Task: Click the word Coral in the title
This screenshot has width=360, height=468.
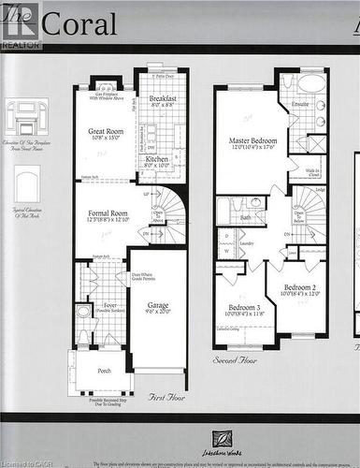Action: pyautogui.click(x=84, y=24)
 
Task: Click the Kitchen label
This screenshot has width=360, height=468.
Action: pyautogui.click(x=157, y=160)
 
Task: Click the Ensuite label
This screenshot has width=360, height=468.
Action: pyautogui.click(x=300, y=104)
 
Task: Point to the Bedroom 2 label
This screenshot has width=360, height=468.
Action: pyautogui.click(x=301, y=285)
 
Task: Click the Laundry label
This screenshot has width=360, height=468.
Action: pyautogui.click(x=247, y=243)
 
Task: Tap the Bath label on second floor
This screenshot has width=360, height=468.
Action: pyautogui.click(x=245, y=217)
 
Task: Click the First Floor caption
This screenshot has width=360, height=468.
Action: pyautogui.click(x=169, y=397)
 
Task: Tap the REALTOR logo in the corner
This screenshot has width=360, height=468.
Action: pyautogui.click(x=21, y=25)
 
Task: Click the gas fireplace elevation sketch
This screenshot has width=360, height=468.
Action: pyautogui.click(x=28, y=120)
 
